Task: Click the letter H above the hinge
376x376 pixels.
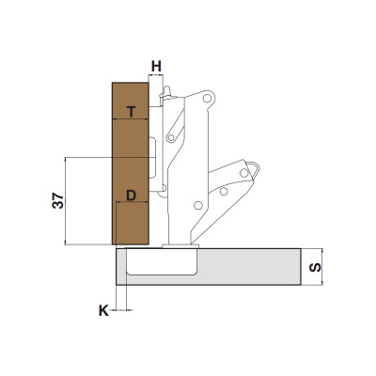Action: pyautogui.click(x=156, y=67)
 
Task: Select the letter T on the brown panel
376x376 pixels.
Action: pyautogui.click(x=132, y=111)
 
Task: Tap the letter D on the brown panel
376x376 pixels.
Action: pyautogui.click(x=131, y=196)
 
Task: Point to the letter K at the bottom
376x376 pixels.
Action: pyautogui.click(x=103, y=311)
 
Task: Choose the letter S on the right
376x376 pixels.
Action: pyautogui.click(x=315, y=267)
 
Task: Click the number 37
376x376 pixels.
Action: pyautogui.click(x=58, y=200)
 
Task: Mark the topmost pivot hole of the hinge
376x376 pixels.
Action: pyautogui.click(x=206, y=99)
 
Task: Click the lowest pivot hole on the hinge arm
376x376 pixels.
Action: pyautogui.click(x=197, y=205)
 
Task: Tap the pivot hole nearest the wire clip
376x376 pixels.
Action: pyautogui.click(x=243, y=172)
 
